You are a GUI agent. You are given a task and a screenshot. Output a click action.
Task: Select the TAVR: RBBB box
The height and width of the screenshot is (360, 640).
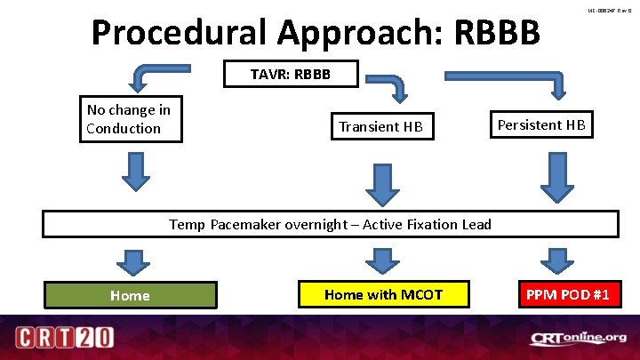click(x=290, y=74)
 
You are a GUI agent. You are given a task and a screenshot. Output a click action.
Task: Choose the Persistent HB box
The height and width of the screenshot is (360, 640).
click(x=540, y=124)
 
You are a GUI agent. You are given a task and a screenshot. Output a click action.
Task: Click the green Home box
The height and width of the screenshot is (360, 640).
click(x=130, y=295)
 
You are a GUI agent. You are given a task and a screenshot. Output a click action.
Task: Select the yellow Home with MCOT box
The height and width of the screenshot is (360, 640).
click(x=383, y=294)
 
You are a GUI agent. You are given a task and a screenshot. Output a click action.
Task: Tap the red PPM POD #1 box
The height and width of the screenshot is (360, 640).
click(x=566, y=294)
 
